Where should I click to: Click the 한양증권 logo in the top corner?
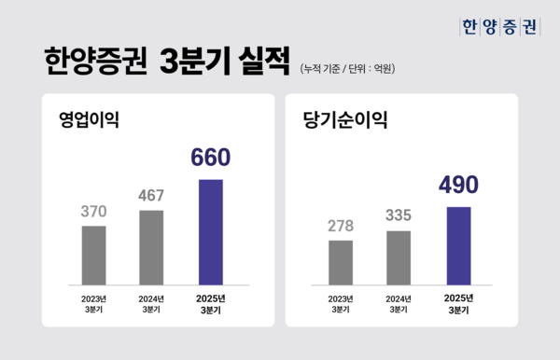point(500,27)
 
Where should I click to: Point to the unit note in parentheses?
point(348,68)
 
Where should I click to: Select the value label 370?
point(94,212)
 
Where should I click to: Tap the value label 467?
point(151,196)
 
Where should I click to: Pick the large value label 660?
point(210,159)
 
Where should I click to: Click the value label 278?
point(341,227)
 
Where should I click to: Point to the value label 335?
point(398,216)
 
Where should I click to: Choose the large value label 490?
point(458,185)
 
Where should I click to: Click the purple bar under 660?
point(211,230)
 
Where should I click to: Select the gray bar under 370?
point(94,254)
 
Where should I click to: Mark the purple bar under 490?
point(458,243)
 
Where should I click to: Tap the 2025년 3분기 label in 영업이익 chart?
point(211,303)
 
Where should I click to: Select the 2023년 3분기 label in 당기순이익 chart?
point(341,303)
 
